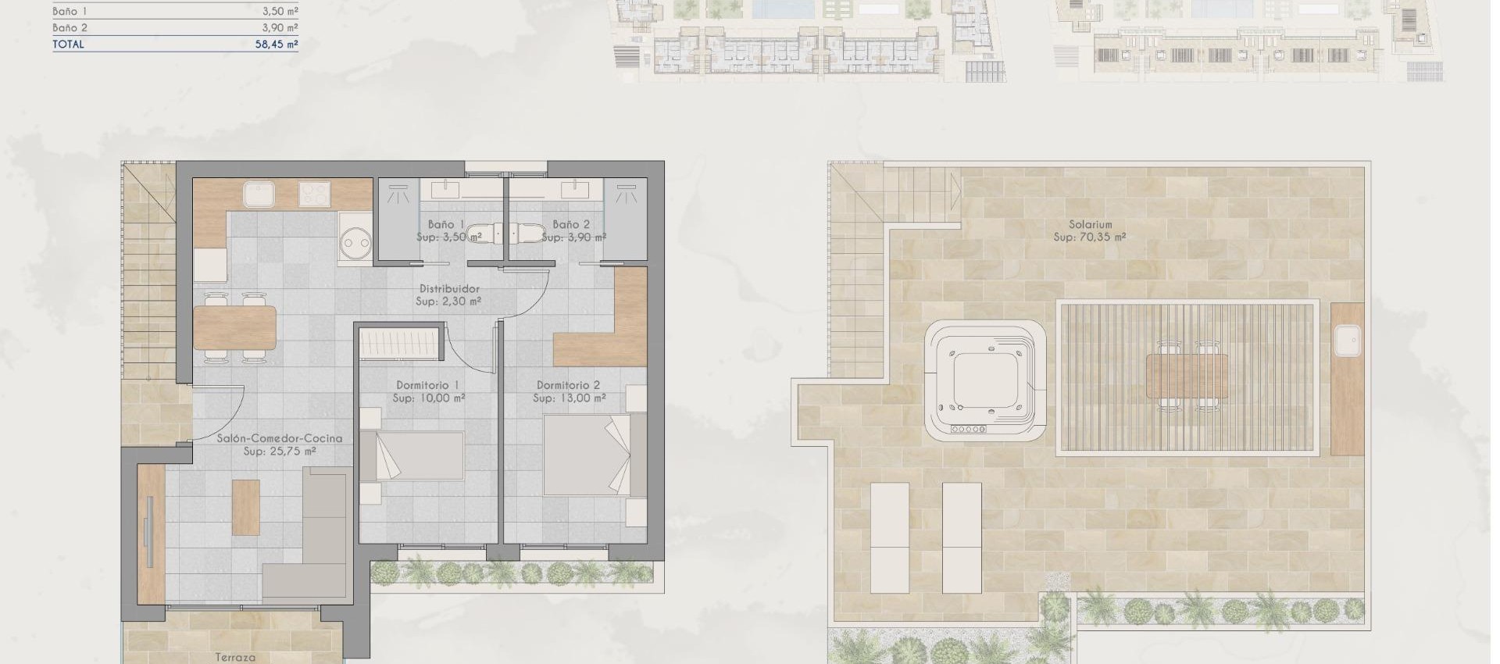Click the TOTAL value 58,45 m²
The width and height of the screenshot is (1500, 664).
(277, 45)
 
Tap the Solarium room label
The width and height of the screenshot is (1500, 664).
(1090, 224)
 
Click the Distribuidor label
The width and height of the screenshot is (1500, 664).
(448, 289)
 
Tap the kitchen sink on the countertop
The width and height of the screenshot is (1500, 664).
(256, 194)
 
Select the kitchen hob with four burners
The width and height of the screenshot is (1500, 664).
(314, 194)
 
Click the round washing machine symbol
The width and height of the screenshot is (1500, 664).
(355, 242)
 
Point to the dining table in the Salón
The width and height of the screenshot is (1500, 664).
(234, 327)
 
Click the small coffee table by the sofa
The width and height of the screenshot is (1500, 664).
(245, 507)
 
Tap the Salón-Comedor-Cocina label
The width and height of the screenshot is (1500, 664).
(279, 439)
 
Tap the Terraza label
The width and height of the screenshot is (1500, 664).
(235, 658)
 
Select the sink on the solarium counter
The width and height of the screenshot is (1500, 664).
(1348, 341)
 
